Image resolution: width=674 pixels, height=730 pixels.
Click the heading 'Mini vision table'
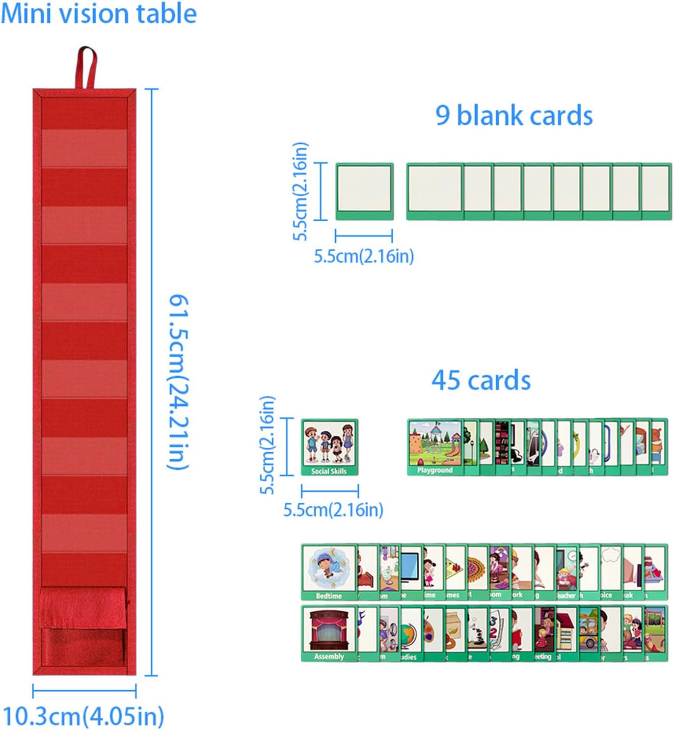(99, 13)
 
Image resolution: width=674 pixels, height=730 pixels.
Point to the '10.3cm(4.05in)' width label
(83, 716)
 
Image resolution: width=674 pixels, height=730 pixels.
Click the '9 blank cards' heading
(514, 116)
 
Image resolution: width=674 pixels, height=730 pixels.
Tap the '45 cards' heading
(481, 380)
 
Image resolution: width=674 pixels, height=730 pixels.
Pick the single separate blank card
(364, 191)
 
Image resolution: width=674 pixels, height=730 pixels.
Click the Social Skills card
(329, 447)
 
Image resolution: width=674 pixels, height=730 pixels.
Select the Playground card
(434, 447)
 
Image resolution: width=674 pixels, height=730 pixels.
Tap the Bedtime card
(328, 572)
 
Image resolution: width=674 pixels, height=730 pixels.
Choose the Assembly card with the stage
(328, 633)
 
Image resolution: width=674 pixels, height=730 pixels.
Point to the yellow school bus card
(589, 633)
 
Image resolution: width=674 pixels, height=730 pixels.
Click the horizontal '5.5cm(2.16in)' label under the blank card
(364, 256)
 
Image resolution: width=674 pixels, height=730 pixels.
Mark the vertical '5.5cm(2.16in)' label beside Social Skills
(267, 445)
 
